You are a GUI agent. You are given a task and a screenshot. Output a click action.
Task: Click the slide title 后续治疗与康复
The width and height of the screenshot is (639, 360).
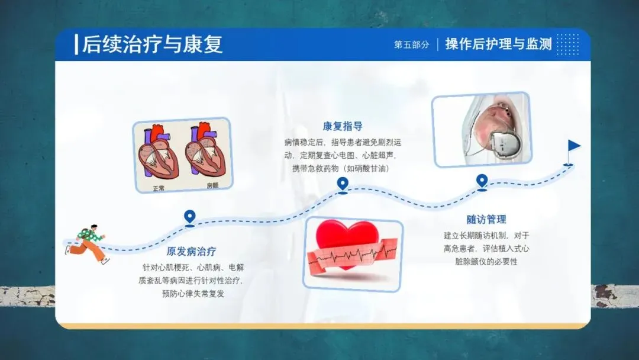152,44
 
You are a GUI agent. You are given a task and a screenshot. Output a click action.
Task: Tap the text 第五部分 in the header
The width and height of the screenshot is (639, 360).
412,44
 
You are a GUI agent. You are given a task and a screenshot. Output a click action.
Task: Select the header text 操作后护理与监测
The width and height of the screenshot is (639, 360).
498,44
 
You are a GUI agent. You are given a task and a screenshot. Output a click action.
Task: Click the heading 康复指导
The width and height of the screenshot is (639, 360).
343,126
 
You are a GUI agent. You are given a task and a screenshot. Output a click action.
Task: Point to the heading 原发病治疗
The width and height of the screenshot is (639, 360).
191,251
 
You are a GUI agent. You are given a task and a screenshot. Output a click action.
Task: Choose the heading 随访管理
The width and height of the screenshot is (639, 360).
486,220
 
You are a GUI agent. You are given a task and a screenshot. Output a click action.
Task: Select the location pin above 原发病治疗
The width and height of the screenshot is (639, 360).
189,217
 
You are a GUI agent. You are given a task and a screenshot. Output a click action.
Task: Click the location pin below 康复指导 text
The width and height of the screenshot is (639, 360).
343,184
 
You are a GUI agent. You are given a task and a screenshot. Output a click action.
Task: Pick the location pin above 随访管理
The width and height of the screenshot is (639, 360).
482,181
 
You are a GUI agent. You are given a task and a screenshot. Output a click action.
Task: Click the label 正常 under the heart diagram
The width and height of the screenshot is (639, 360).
159,188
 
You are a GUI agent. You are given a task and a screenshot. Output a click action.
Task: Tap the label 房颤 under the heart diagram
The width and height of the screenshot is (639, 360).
212,185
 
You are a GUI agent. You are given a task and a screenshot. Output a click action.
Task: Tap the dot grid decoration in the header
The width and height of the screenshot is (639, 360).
567,44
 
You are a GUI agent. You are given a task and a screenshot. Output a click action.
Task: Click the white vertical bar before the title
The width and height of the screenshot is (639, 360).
76,45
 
